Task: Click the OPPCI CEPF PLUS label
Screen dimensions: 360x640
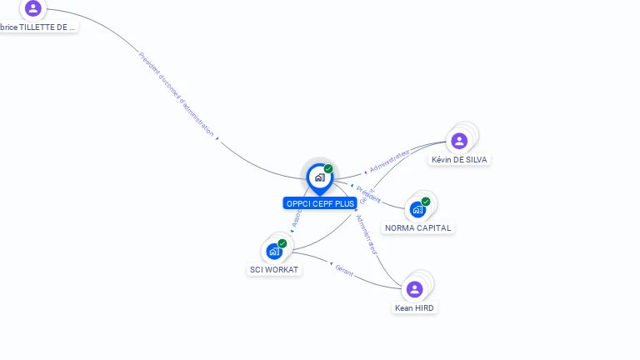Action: click(320, 203)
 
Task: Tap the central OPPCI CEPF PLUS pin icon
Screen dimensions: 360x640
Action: click(319, 177)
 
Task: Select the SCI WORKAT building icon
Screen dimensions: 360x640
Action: click(274, 251)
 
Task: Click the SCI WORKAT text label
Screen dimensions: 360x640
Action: click(274, 269)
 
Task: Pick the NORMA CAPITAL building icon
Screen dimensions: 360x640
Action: click(417, 209)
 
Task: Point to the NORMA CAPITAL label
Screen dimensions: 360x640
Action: click(417, 227)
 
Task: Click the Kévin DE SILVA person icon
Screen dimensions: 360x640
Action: click(459, 141)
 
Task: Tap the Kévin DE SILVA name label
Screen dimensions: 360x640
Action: click(459, 159)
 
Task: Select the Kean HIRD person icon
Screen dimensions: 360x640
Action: click(414, 289)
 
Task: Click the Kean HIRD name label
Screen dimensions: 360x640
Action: click(414, 307)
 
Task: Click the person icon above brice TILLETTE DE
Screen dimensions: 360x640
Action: click(33, 8)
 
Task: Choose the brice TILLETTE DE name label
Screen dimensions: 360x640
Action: click(37, 27)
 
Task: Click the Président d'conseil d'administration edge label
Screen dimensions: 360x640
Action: click(177, 93)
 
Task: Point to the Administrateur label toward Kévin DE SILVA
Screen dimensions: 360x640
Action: click(389, 162)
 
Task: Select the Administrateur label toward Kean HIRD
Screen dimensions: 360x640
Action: click(367, 234)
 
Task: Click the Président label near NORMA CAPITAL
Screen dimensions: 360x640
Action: click(368, 194)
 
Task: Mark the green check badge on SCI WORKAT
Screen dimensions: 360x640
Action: click(282, 243)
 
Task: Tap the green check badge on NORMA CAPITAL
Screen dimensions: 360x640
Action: click(426, 202)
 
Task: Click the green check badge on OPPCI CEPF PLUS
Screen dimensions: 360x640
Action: click(328, 169)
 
